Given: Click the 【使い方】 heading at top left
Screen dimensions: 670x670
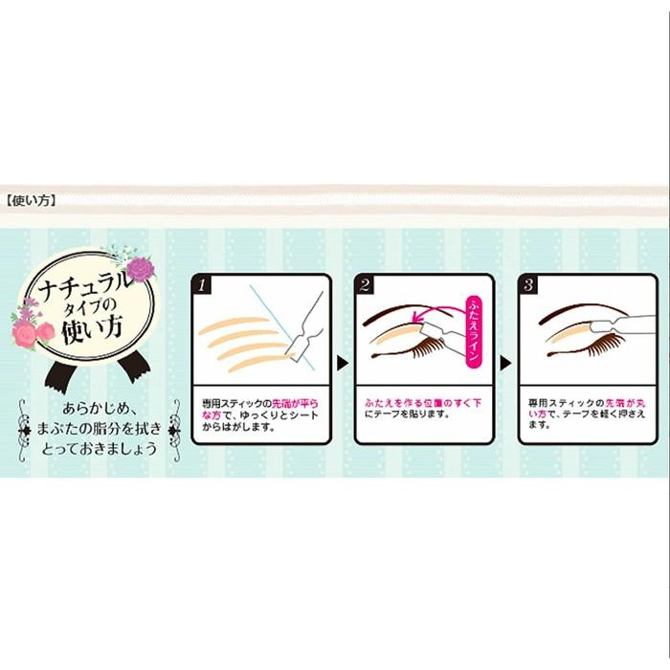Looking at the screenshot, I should click(x=33, y=203).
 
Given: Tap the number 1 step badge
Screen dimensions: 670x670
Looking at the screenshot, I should click(x=202, y=284).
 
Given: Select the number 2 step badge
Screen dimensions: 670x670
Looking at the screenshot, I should click(x=365, y=284).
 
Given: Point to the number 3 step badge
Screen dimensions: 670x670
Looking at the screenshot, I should click(x=528, y=284).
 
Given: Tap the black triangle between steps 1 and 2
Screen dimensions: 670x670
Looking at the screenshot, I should click(x=342, y=362).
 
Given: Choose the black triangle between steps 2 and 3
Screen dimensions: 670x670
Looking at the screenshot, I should click(x=505, y=362).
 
